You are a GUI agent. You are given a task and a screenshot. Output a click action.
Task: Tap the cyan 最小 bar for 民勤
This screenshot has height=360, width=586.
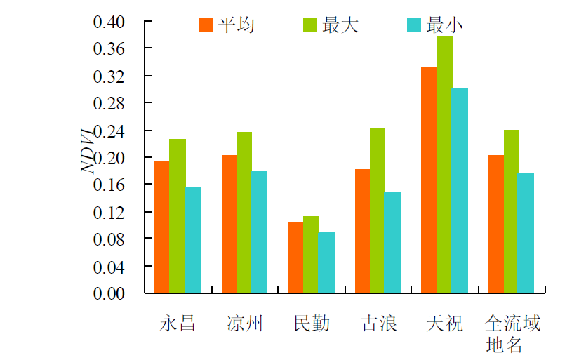click(x=326, y=262)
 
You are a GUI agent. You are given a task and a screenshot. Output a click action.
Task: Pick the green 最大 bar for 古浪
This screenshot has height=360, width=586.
click(x=378, y=211)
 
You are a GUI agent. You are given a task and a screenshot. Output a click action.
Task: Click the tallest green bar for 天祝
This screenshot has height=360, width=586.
click(x=444, y=164)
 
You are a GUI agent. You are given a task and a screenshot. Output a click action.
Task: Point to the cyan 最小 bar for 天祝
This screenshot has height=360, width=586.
click(x=460, y=190)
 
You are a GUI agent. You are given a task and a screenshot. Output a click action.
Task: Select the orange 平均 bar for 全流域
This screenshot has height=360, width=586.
click(x=495, y=224)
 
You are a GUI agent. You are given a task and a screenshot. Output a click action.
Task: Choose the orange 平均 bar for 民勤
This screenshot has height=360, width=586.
click(x=295, y=258)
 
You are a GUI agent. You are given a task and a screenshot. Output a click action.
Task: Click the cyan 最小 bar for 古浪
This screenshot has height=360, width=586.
click(x=393, y=242)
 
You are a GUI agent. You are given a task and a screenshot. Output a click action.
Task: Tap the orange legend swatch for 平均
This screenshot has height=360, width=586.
click(x=206, y=25)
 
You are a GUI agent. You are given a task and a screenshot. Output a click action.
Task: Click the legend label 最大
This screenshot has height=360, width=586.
click(x=340, y=25)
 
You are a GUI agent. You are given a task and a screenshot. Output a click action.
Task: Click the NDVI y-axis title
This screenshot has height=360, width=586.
click(x=88, y=149)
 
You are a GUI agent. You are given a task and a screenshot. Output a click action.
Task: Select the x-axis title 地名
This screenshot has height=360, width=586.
click(x=504, y=345)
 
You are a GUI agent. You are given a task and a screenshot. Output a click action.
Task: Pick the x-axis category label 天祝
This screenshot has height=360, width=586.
click(x=444, y=324)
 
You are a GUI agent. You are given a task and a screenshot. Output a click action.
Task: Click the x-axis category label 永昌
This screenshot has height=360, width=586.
click(x=177, y=324)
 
